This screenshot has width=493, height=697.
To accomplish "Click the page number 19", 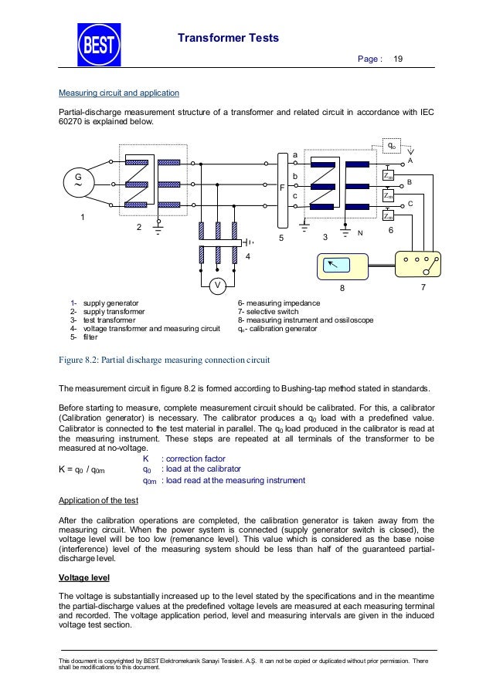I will coord(399,59).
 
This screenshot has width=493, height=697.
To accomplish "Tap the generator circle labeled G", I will coord(77,184).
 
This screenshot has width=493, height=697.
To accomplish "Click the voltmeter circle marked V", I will coord(218,285).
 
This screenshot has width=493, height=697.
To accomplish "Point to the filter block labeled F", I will coord(281,187).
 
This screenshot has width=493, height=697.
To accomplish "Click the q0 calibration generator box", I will coord(393,145).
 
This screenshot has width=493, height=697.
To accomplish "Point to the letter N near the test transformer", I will coord(359,232).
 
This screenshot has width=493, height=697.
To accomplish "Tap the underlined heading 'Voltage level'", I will coord(87,577).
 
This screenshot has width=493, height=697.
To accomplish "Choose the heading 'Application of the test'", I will coord(99,501).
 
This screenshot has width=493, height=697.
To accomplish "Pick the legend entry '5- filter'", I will coord(84,337).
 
